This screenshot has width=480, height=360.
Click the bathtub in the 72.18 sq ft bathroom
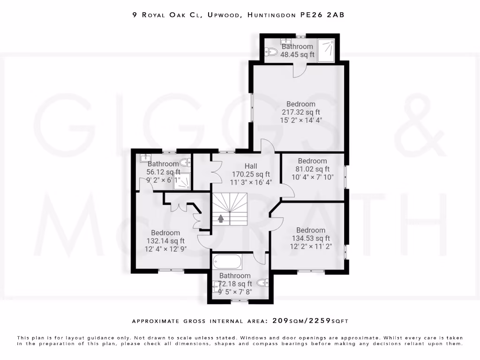coord(227,262)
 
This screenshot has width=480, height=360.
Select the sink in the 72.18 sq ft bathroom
coord(216,285)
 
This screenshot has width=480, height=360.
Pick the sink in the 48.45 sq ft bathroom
coord(285,41)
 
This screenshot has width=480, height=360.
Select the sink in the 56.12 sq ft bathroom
coord(145,158)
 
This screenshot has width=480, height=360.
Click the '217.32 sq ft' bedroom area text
coord(300,112)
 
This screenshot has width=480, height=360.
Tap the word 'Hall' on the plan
coord(251,166)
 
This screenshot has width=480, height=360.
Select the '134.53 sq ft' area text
coord(310,238)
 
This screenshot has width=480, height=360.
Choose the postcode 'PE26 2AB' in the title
coord(322,15)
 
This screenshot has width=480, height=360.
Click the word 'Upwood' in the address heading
coord(222,15)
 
